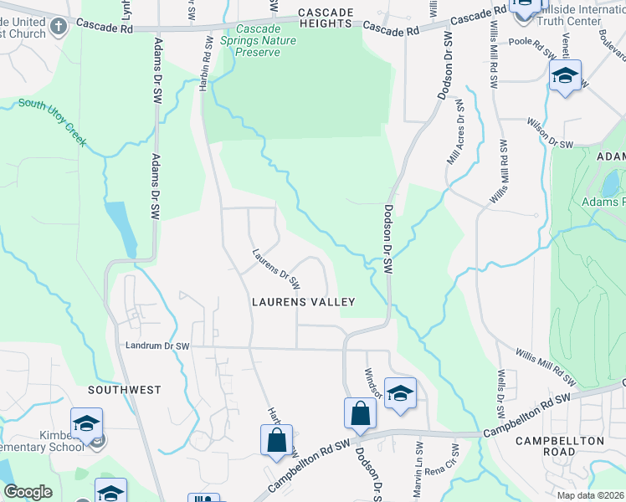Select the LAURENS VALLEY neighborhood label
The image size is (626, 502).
(x=304, y=302)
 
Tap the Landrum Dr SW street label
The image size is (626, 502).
(x=158, y=346)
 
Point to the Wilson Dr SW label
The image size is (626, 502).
(x=550, y=134)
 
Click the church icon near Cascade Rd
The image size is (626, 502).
(x=59, y=26)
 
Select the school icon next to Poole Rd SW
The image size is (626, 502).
(x=565, y=78)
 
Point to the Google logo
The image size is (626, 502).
(x=28, y=492)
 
